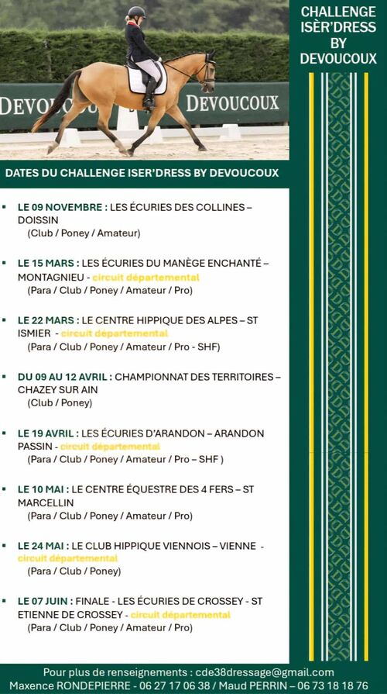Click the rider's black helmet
(x=136, y=12)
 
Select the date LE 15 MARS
(x=47, y=264)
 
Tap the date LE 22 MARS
(x=47, y=319)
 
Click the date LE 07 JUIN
(x=45, y=601)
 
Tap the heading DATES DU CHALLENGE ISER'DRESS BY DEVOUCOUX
(x=142, y=174)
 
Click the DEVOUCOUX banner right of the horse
(x=231, y=103)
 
